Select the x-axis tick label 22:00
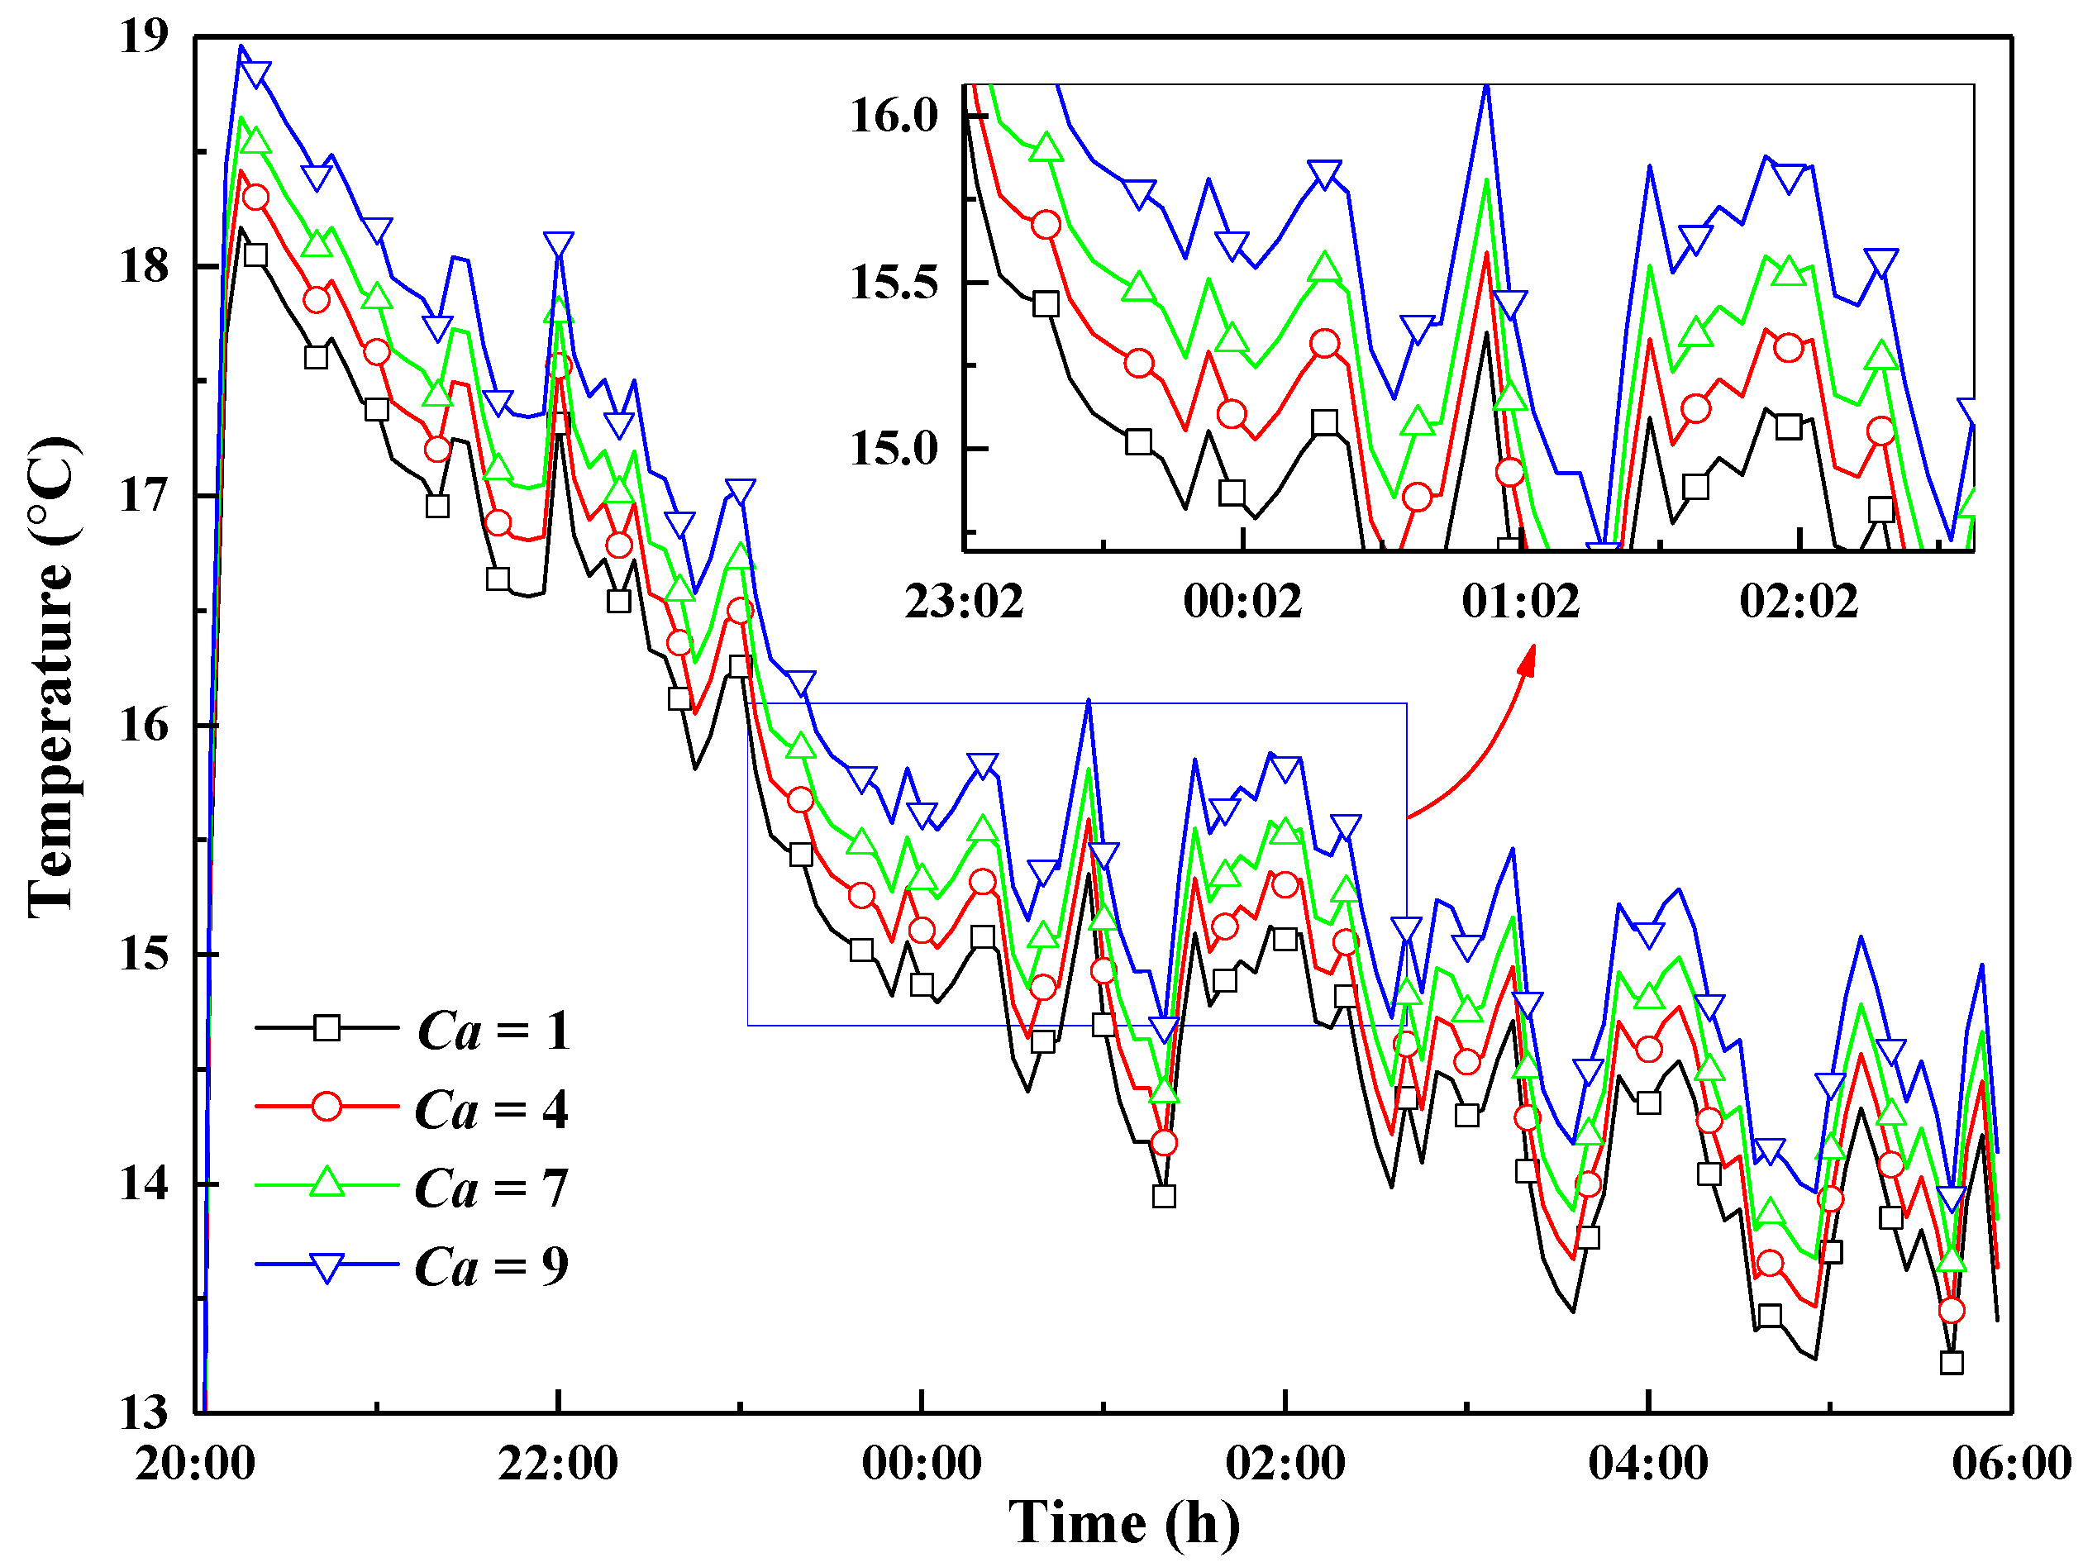(x=559, y=1465)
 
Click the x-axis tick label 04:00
(x=1648, y=1465)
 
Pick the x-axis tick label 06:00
(x=2011, y=1465)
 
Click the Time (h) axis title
(x=1124, y=1524)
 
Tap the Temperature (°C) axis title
(x=52, y=678)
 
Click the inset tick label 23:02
(x=965, y=602)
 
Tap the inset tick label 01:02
(x=1521, y=602)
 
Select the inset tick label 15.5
(x=894, y=283)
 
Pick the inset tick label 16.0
(x=894, y=116)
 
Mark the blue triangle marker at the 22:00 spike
(x=559, y=245)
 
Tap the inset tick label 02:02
(x=1799, y=602)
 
